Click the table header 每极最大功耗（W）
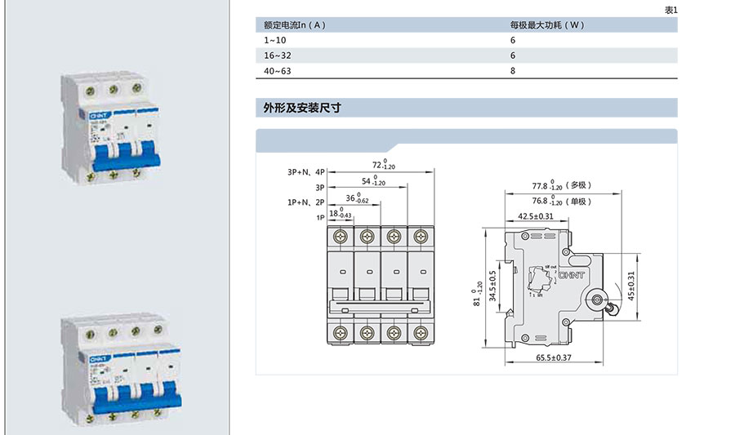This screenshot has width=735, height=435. [547, 25]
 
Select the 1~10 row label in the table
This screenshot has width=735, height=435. [275, 40]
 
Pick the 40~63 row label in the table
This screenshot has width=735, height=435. [278, 71]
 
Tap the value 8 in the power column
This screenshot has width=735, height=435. [513, 71]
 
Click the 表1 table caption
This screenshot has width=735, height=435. [671, 10]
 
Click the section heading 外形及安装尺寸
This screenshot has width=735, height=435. [301, 108]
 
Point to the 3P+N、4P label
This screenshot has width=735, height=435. [305, 172]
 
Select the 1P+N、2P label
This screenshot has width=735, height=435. [305, 201]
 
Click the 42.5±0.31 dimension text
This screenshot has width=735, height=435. [536, 216]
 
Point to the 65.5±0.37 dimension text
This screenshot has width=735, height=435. [553, 357]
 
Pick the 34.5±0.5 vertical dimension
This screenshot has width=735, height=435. [492, 286]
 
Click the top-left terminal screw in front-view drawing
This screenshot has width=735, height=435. [341, 237]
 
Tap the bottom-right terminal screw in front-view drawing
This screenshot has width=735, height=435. [421, 332]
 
